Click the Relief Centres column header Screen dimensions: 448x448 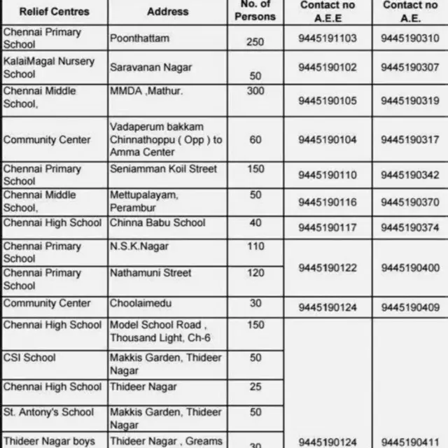pyautogui.click(x=54, y=11)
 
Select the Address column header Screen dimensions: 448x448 pyautogui.click(x=168, y=11)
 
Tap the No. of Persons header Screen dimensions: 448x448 pyautogui.click(x=255, y=11)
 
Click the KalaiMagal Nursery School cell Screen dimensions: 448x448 pyautogui.click(x=49, y=67)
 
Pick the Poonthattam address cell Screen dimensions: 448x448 pyautogui.click(x=139, y=38)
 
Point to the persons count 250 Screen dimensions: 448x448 pyautogui.click(x=255, y=42)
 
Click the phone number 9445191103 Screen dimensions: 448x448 pyautogui.click(x=327, y=38)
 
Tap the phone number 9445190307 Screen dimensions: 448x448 pyautogui.click(x=410, y=67)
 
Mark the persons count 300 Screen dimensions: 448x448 pyautogui.click(x=255, y=91)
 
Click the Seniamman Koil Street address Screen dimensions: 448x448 pyautogui.click(x=163, y=169)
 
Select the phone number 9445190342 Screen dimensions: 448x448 pyautogui.click(x=410, y=175)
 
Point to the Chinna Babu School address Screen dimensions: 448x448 pyautogui.click(x=157, y=223)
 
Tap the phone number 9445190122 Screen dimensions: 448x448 pyautogui.click(x=327, y=267)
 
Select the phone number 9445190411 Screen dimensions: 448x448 pyautogui.click(x=410, y=442)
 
